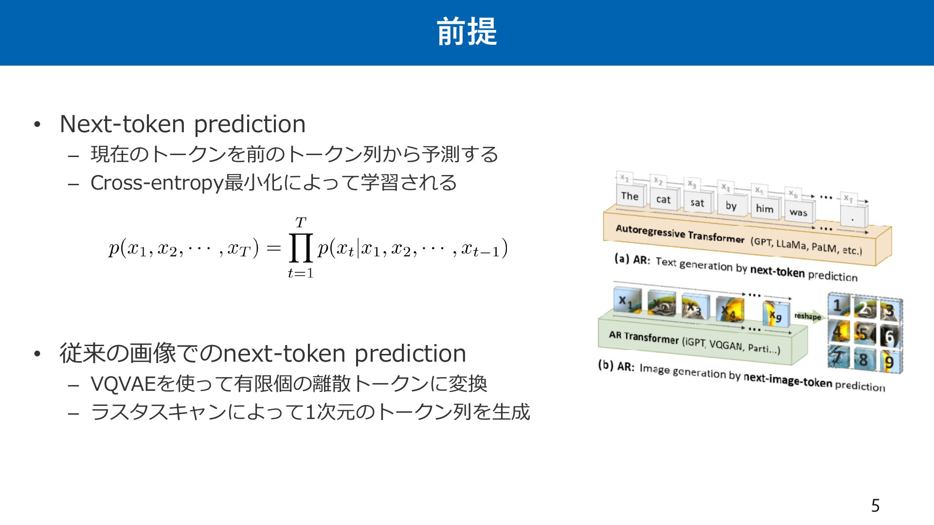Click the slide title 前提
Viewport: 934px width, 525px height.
coord(467,32)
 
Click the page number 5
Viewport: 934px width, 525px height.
coord(875,506)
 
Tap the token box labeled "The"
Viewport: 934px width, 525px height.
coord(630,195)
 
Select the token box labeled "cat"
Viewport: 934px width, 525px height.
coord(664,199)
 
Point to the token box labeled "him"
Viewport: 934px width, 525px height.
coord(765,209)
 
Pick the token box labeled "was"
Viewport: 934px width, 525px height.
coord(798,212)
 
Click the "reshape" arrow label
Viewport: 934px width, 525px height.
coord(808,316)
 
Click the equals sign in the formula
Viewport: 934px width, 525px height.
coord(274,248)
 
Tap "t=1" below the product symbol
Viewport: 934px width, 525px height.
coord(301,273)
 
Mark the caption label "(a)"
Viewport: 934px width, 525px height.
coord(622,258)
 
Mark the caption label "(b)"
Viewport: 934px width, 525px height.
coord(606,365)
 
